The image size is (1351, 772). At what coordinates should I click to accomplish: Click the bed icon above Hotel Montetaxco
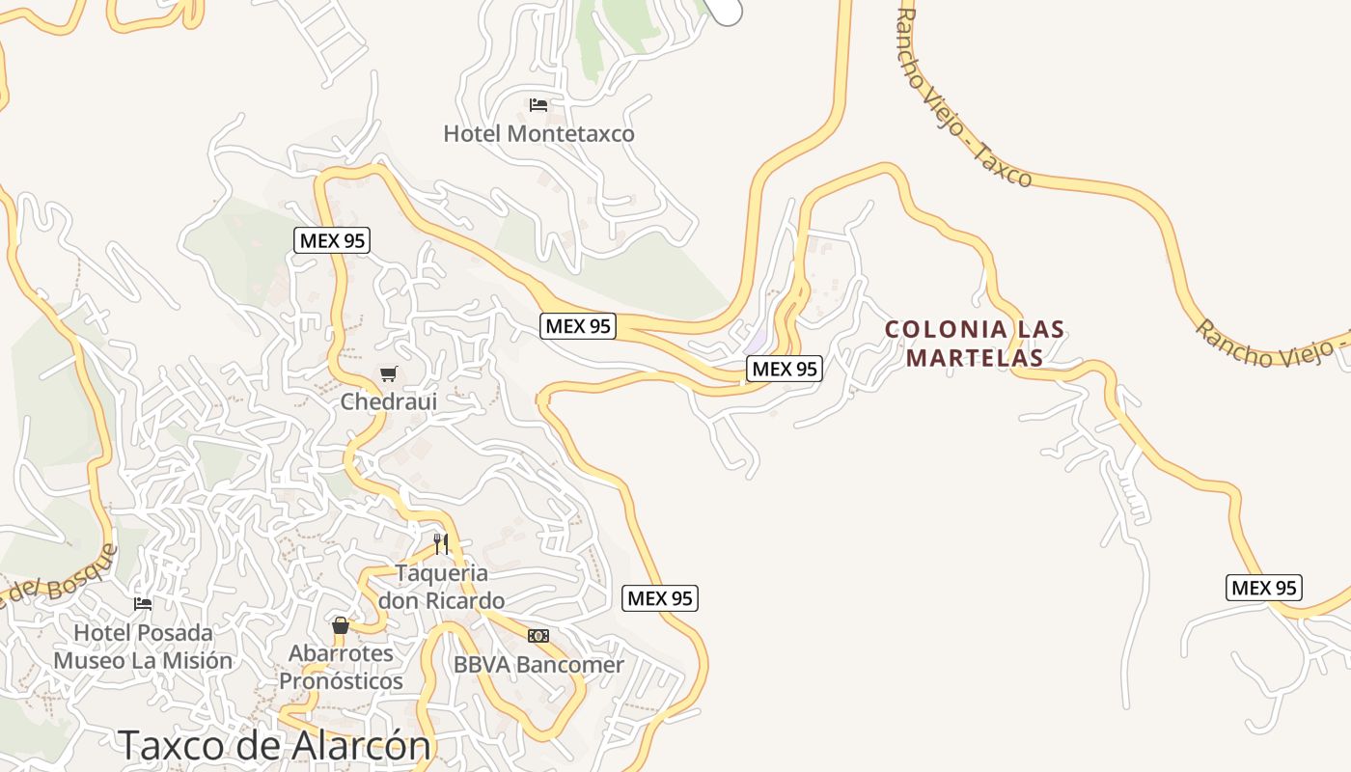click(x=538, y=104)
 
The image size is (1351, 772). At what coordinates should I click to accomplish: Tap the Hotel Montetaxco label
click(x=538, y=133)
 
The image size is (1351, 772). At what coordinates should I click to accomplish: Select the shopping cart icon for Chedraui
click(x=389, y=373)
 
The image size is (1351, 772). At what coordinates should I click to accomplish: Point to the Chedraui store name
click(x=389, y=400)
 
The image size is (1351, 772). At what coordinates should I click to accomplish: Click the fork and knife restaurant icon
click(x=441, y=543)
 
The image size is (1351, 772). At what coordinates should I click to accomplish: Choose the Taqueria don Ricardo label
click(x=441, y=587)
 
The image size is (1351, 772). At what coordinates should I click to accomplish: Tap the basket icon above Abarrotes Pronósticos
click(x=341, y=625)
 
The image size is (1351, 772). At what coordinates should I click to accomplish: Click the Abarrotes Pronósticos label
click(x=341, y=667)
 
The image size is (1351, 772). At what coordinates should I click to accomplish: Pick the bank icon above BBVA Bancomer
click(x=538, y=636)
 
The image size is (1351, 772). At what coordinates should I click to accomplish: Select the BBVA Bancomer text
click(x=538, y=665)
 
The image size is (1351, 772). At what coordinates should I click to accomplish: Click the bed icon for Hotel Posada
click(x=143, y=604)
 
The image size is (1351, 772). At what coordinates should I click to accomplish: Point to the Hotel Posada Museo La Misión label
click(x=143, y=647)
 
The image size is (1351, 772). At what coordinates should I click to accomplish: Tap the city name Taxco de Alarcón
click(x=274, y=745)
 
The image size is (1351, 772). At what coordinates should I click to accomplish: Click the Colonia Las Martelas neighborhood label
click(x=976, y=344)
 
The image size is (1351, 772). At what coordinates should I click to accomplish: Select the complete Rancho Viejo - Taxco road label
click(x=965, y=96)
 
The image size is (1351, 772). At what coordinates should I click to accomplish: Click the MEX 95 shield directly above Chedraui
click(x=332, y=240)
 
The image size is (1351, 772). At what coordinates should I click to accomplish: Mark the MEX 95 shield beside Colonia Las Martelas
click(x=785, y=368)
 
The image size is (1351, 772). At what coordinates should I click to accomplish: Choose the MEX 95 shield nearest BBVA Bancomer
click(x=660, y=598)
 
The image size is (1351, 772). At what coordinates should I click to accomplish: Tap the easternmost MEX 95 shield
click(x=1264, y=587)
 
